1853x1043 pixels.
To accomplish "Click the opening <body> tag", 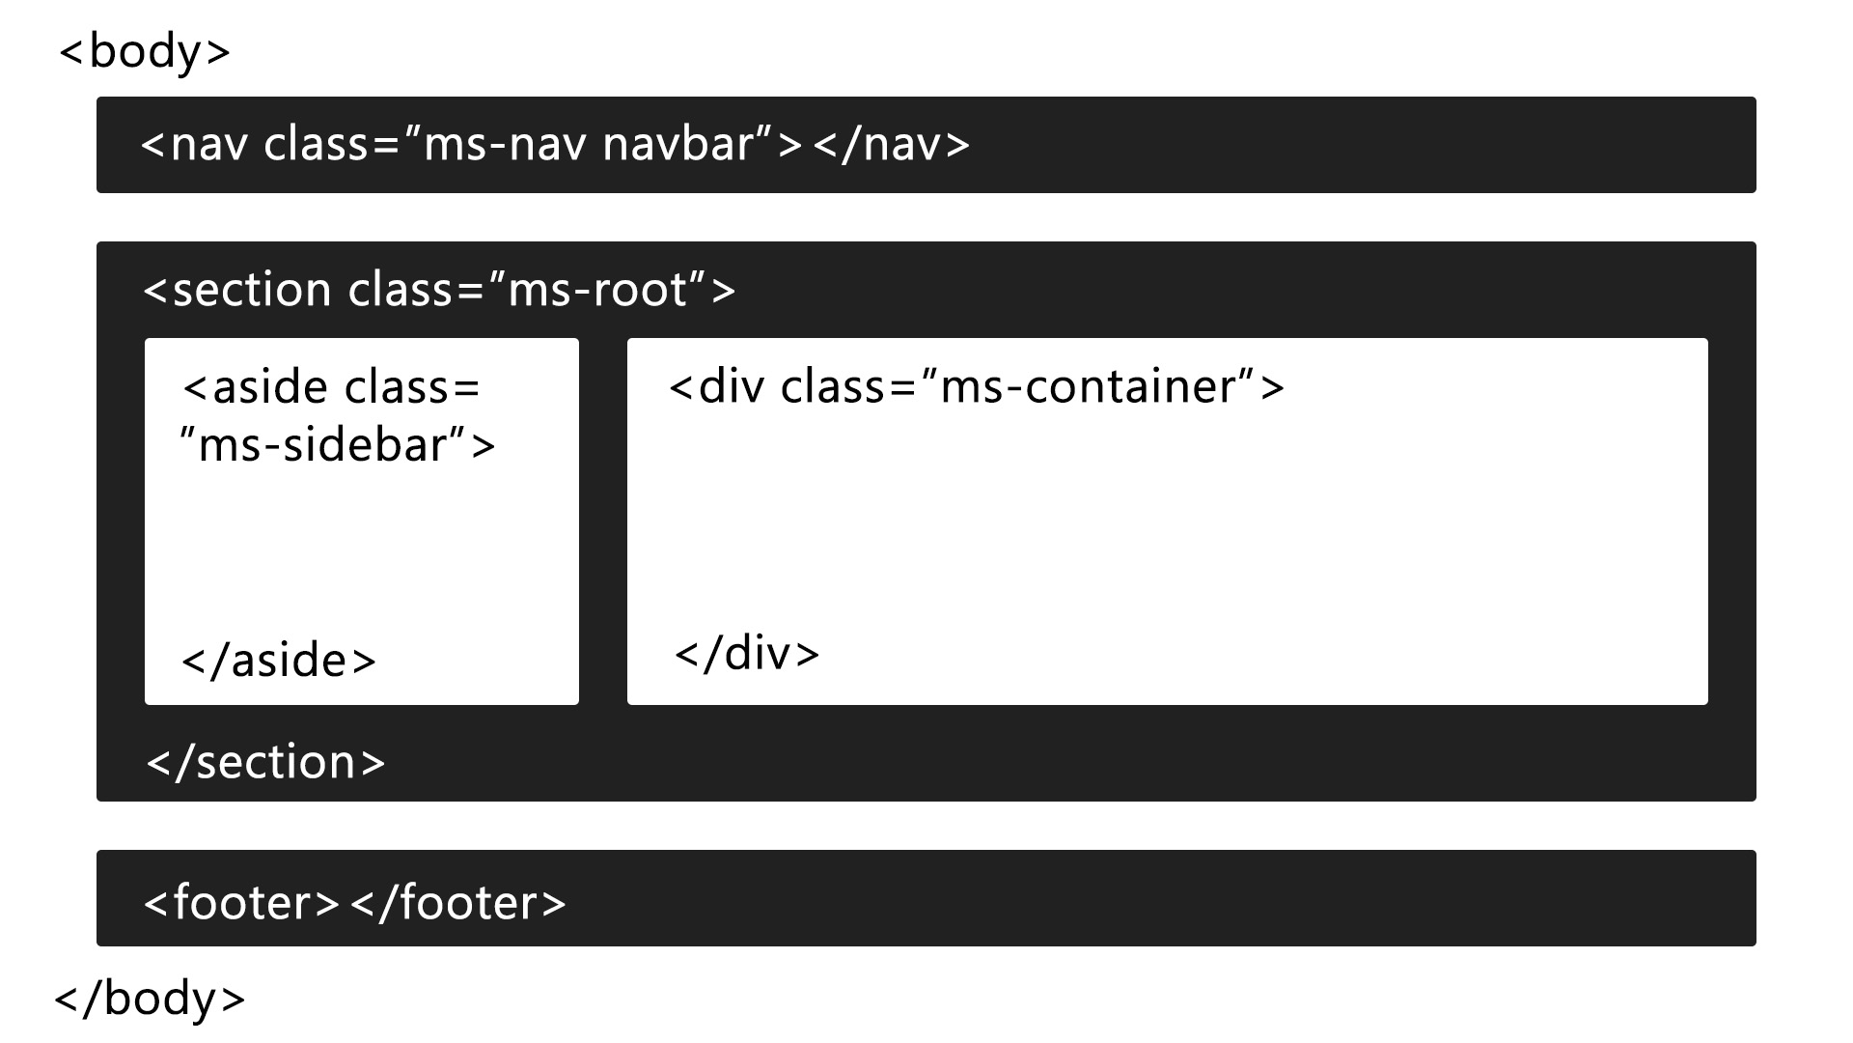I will pyautogui.click(x=145, y=52).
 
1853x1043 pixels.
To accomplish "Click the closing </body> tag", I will pyautogui.click(x=150, y=999).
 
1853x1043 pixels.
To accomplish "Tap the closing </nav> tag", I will pyautogui.click(x=891, y=145).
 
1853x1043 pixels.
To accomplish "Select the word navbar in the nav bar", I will pyautogui.click(x=678, y=145).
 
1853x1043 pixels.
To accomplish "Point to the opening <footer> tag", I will pyautogui.click(x=241, y=904).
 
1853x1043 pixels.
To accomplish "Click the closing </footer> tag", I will pyautogui.click(x=457, y=904).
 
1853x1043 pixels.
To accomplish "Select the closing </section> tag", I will pyautogui.click(x=265, y=763).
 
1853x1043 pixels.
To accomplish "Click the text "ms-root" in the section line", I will pyautogui.click(x=598, y=290).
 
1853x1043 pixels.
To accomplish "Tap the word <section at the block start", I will pyautogui.click(x=237, y=290).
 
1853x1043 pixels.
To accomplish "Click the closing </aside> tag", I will pyautogui.click(x=278, y=662).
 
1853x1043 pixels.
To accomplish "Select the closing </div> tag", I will pyautogui.click(x=747, y=655).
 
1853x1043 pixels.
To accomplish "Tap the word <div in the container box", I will pyautogui.click(x=716, y=387).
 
